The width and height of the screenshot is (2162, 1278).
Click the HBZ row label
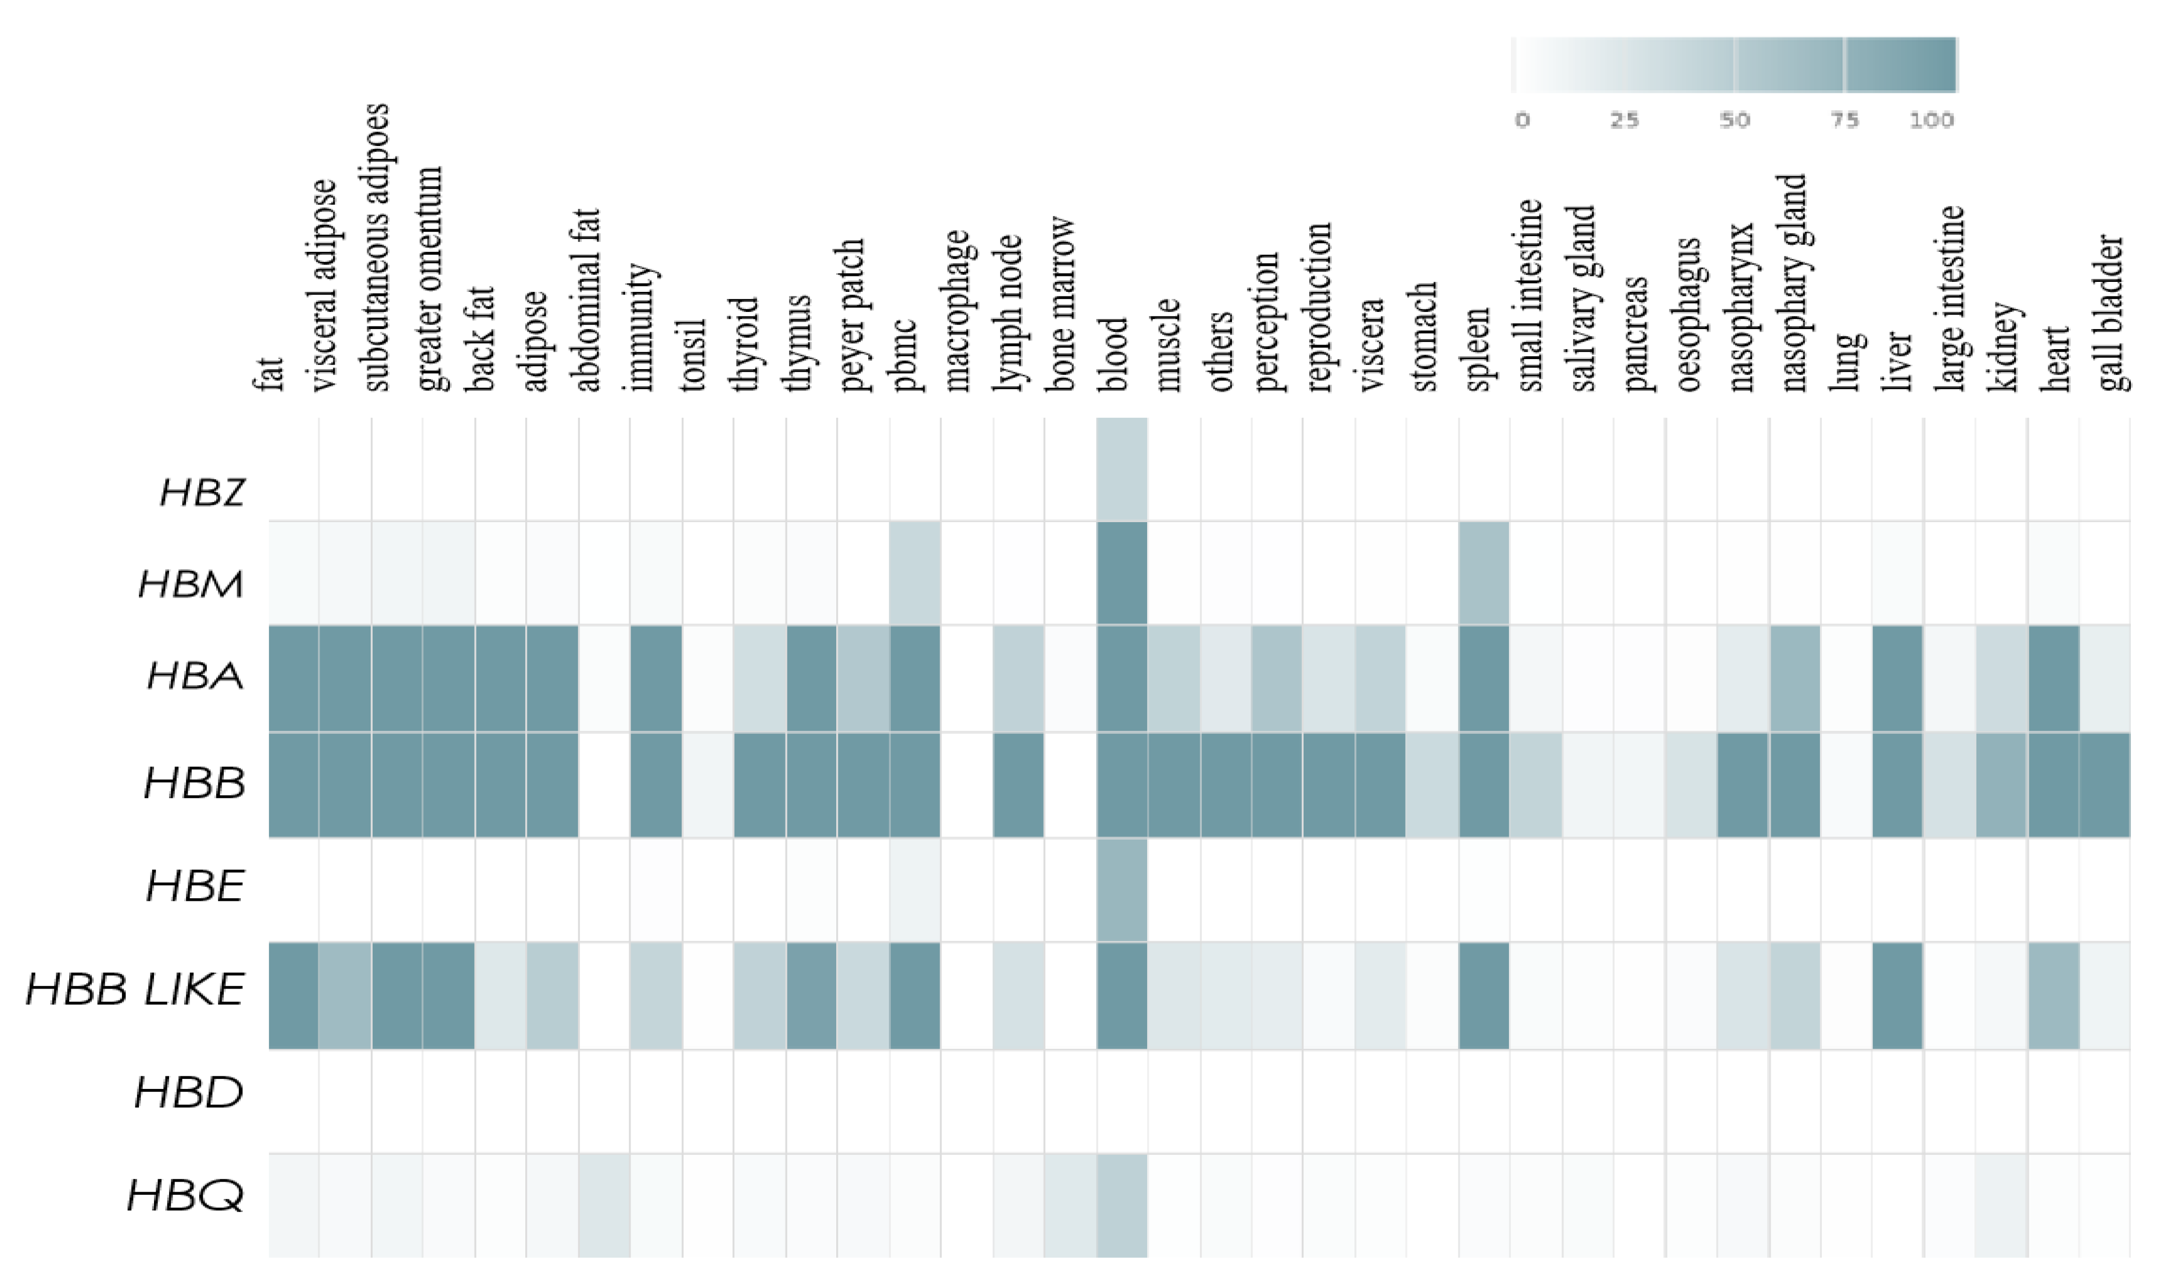pos(202,493)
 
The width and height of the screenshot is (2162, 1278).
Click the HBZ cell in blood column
pos(1122,469)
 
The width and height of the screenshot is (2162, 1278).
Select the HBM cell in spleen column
pos(1483,573)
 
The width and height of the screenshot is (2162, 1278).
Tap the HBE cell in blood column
pos(1122,890)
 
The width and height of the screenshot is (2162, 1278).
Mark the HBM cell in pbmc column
pos(914,573)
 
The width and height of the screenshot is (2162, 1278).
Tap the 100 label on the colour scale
pos(1931,120)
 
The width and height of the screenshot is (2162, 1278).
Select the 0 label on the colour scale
pos(1522,120)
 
